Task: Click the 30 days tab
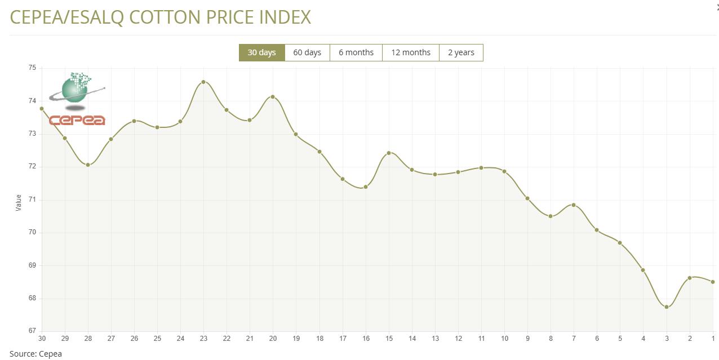(261, 52)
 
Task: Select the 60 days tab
(307, 52)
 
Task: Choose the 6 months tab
(356, 52)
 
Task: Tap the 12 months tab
(410, 52)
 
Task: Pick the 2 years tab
(461, 52)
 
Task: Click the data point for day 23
(203, 82)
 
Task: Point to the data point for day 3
(667, 307)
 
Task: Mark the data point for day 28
(88, 165)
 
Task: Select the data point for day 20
(273, 97)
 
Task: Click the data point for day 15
(389, 153)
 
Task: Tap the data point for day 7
(574, 205)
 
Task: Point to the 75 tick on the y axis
(32, 68)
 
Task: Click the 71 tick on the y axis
(32, 199)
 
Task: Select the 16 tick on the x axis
(366, 339)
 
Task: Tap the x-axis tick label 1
(713, 339)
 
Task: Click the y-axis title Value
(19, 203)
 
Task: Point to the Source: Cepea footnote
(35, 354)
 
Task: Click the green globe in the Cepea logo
(75, 90)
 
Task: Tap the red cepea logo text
(77, 120)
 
